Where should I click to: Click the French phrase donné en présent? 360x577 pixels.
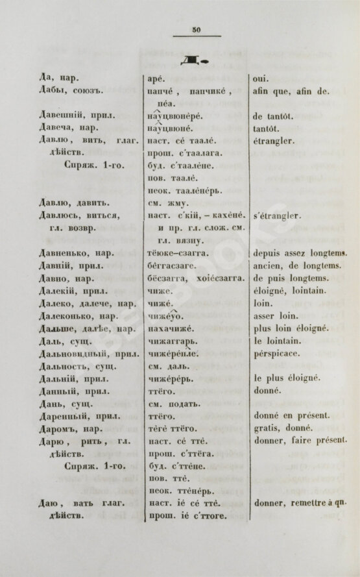[293, 415]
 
